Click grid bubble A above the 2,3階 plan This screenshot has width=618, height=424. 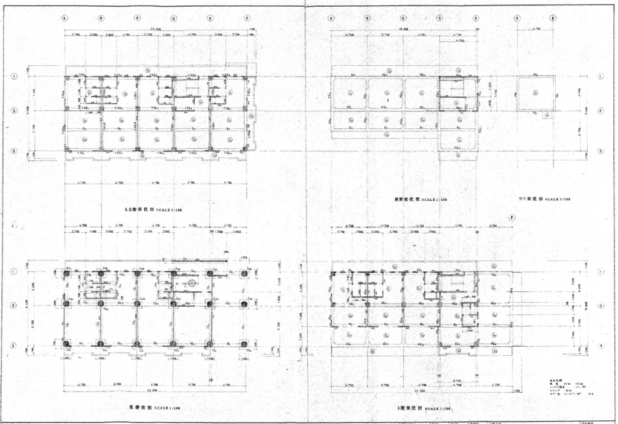pyautogui.click(x=65, y=18)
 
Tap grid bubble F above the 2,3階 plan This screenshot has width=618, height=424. pyautogui.click(x=247, y=18)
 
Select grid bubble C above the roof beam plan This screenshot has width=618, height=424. pyautogui.click(x=404, y=18)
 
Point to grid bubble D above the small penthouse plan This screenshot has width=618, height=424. pyautogui.click(x=518, y=18)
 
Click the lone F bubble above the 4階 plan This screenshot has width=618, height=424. pyautogui.click(x=512, y=217)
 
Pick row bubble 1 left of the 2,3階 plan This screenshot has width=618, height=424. pyautogui.click(x=14, y=77)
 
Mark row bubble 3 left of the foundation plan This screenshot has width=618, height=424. pyautogui.click(x=14, y=345)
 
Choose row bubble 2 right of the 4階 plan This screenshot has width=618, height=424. pyautogui.click(x=601, y=306)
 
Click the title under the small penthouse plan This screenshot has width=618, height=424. pyautogui.click(x=546, y=198)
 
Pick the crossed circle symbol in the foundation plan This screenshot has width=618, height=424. pyautogui.click(x=192, y=282)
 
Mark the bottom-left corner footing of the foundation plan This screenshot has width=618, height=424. pyautogui.click(x=66, y=344)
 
